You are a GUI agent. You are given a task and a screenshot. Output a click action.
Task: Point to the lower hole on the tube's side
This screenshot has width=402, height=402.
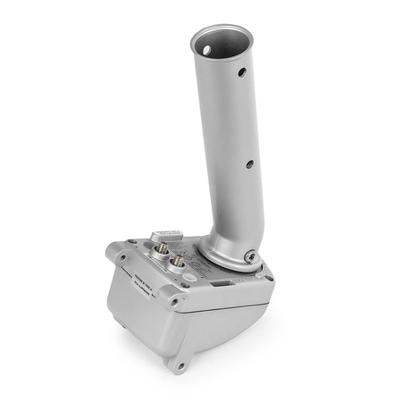[249, 163]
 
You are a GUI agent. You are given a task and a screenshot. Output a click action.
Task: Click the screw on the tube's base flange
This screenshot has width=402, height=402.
[251, 257]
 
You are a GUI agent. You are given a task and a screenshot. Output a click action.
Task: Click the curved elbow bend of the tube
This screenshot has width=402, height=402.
[214, 237]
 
